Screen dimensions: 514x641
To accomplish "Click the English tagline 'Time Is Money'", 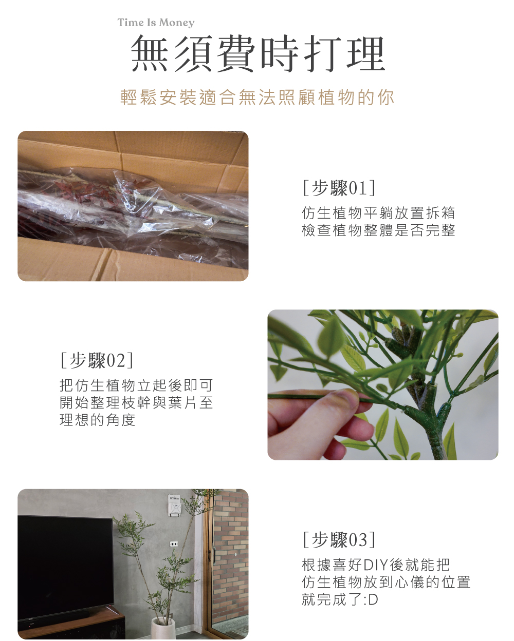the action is coord(156,23).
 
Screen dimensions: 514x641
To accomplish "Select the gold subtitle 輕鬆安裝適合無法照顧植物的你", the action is coord(257,97).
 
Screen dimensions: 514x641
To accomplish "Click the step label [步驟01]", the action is coord(339,188).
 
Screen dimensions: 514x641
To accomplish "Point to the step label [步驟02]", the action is coord(97,360).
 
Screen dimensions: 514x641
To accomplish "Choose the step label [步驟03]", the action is coord(339,539).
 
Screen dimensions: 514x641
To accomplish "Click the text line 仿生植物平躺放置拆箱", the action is coord(378,212).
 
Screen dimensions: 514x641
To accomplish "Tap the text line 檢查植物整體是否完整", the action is coord(378,230).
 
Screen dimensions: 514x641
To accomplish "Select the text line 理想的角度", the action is coord(98,420).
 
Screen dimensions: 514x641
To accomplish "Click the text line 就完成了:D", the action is coord(340,599).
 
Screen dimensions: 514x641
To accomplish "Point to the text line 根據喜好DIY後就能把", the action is coord(376,565).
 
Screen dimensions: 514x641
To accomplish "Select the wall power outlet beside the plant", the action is coord(174,544).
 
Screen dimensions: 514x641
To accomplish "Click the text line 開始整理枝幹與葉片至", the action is coord(136,403).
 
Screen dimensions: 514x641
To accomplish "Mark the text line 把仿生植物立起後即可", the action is coord(136,385).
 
